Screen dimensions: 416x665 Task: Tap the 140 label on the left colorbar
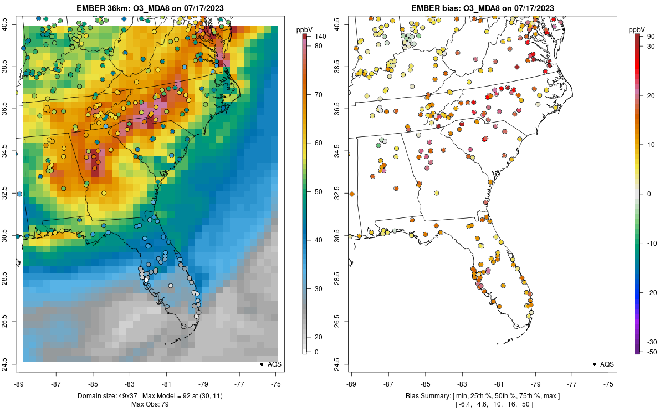pos(320,37)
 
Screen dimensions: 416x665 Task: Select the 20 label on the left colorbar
pos(318,337)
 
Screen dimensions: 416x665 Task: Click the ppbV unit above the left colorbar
pos(304,29)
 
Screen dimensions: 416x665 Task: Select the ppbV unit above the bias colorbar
pos(637,29)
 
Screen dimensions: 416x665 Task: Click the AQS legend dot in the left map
pos(261,364)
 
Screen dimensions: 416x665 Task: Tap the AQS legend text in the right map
pos(607,364)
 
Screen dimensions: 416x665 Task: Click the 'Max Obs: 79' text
pos(150,404)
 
